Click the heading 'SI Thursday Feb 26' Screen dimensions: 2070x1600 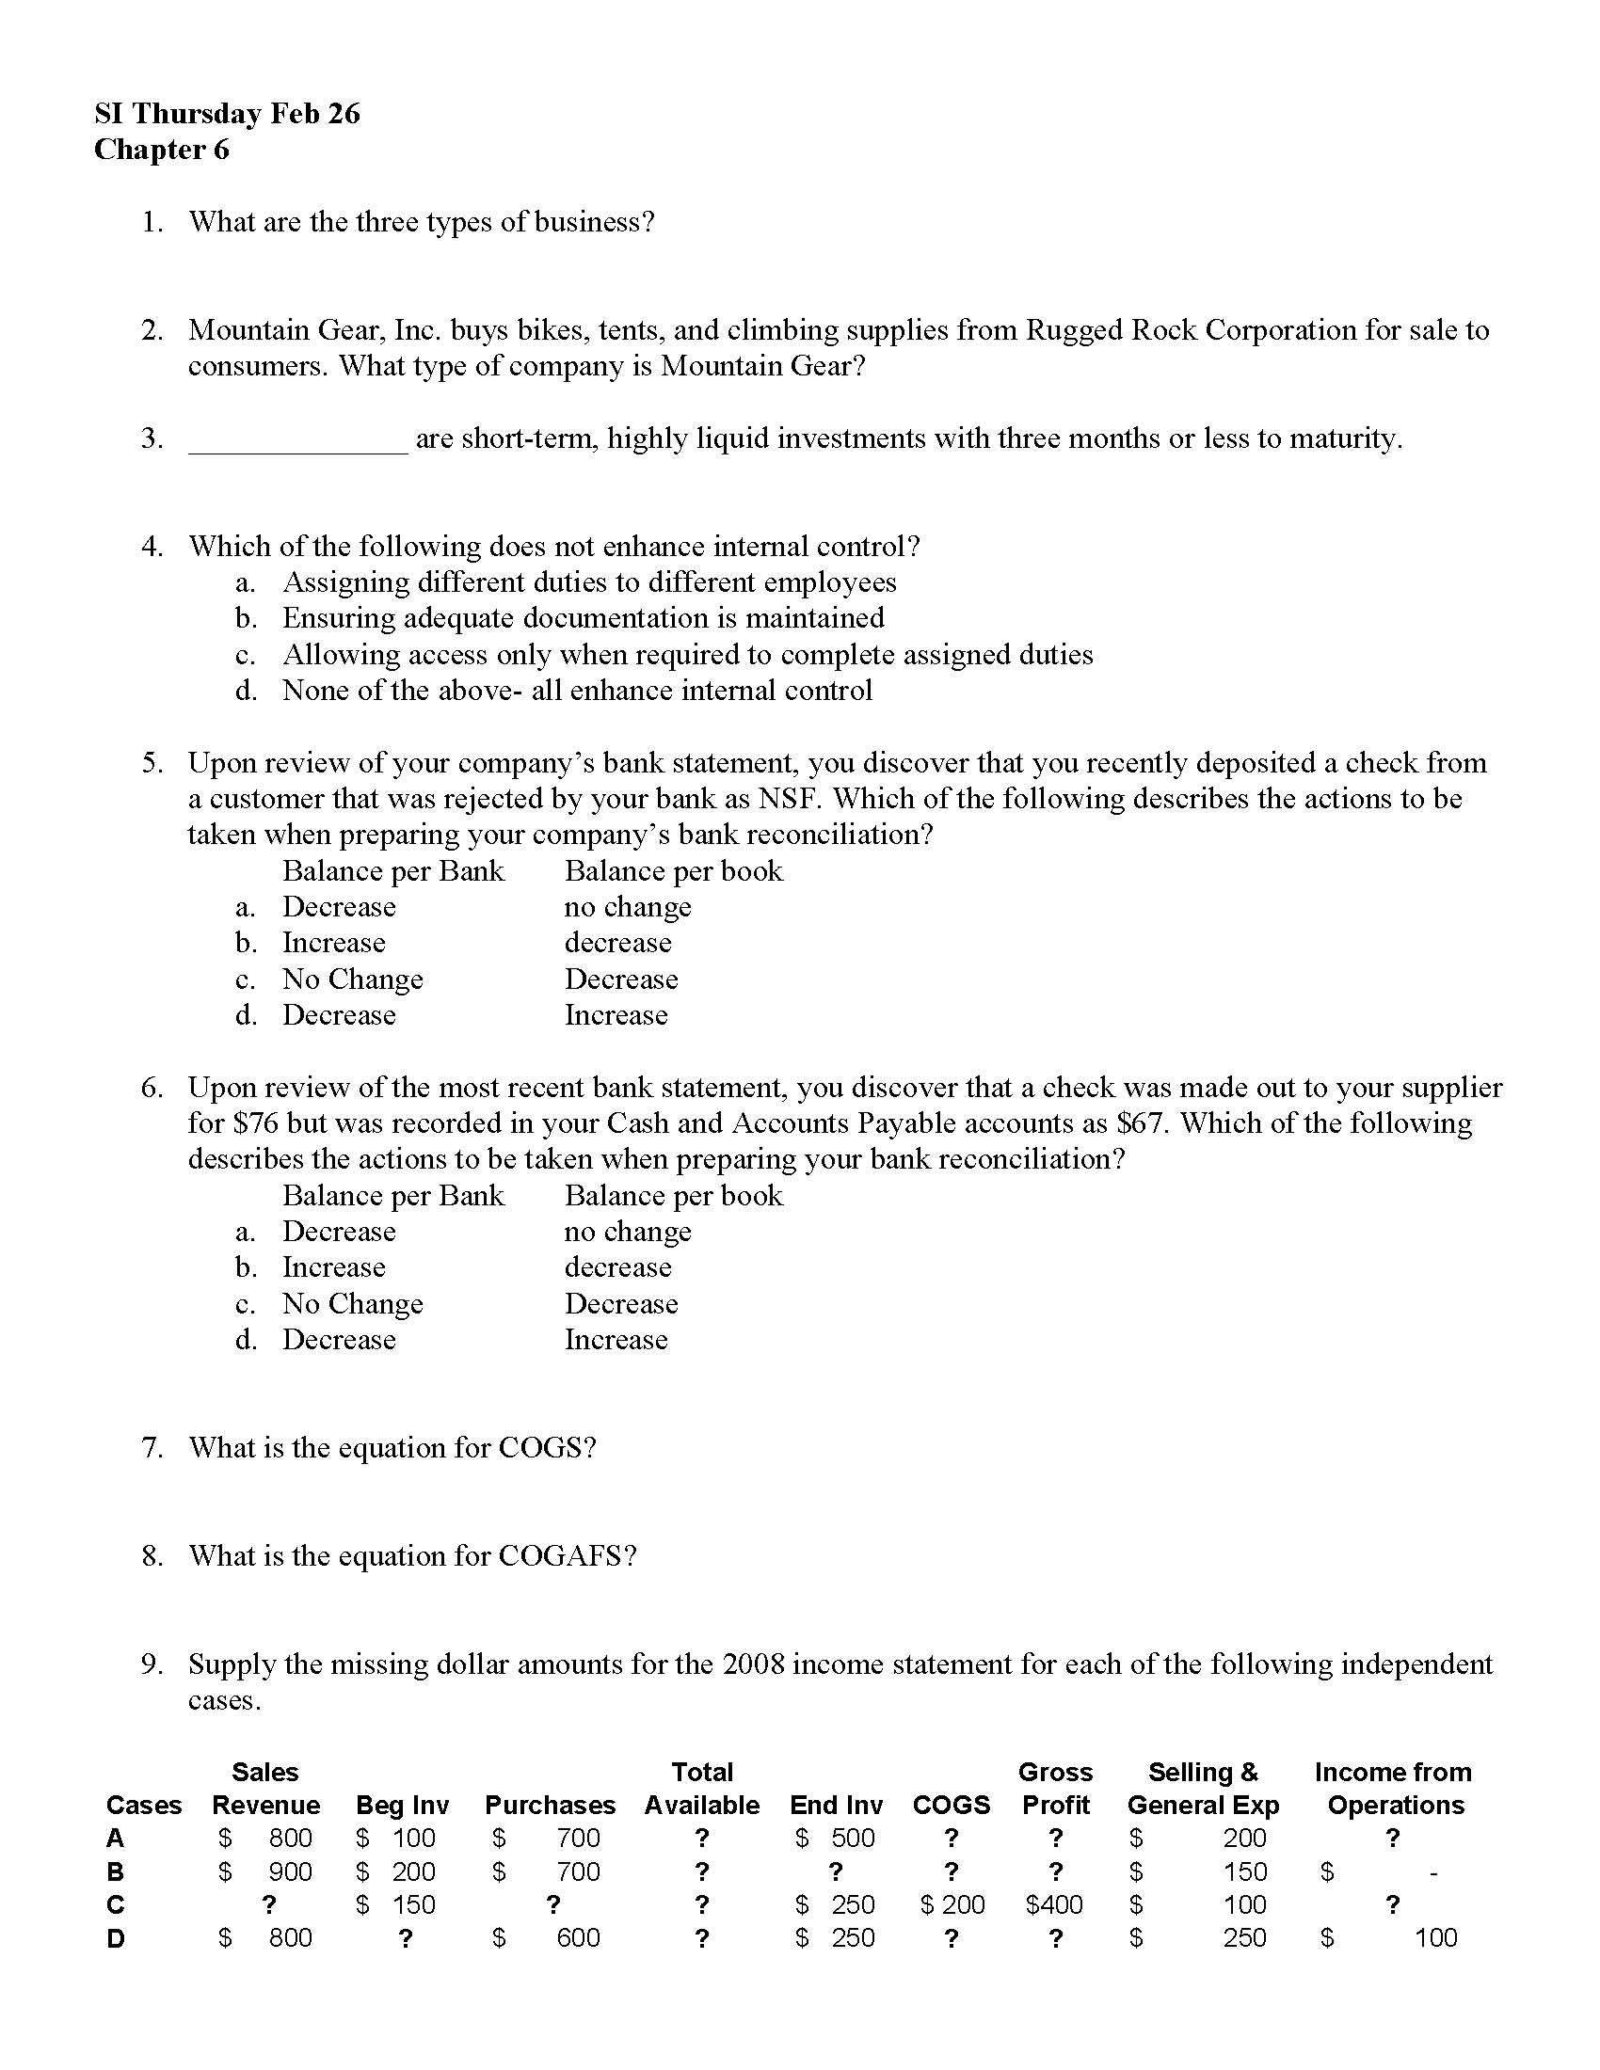click(x=228, y=114)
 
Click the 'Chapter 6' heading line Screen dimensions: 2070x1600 click(x=161, y=150)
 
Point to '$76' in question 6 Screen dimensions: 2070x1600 click(x=256, y=1123)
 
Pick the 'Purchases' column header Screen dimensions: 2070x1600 click(x=550, y=1806)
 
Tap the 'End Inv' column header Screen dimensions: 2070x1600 click(x=836, y=1806)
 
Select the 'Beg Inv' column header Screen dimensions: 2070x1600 click(x=402, y=1806)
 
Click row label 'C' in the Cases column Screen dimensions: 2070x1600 click(x=116, y=1905)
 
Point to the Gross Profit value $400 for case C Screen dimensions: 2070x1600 click(x=1054, y=1905)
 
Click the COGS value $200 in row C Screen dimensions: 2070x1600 click(x=952, y=1905)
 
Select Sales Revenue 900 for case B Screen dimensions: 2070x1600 click(x=290, y=1871)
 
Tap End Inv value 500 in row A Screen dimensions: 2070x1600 click(x=852, y=1839)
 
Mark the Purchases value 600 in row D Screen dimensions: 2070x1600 click(x=578, y=1938)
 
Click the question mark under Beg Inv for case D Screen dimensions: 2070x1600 click(x=405, y=1938)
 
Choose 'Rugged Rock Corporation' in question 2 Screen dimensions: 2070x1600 click(x=1191, y=331)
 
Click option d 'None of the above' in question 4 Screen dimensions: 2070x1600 click(x=576, y=691)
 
